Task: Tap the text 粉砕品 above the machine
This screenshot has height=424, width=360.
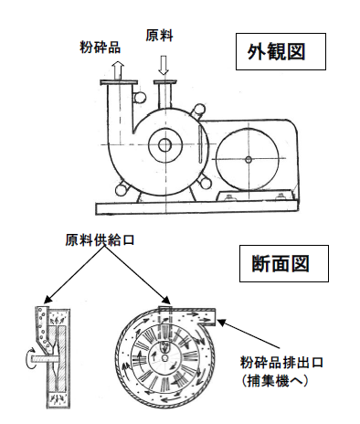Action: pyautogui.click(x=100, y=45)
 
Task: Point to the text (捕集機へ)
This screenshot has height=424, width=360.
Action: pyautogui.click(x=297, y=378)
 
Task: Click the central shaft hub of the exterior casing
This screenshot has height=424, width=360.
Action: pyautogui.click(x=164, y=144)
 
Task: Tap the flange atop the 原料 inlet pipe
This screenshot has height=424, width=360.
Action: pyautogui.click(x=165, y=84)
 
